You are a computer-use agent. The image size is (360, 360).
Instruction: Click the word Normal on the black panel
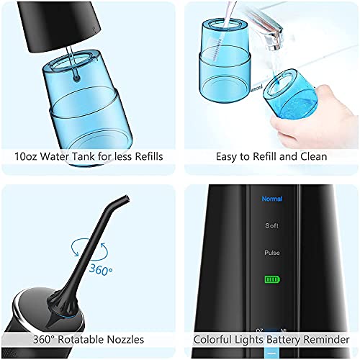272,199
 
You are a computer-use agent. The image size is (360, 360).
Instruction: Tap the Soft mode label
271,225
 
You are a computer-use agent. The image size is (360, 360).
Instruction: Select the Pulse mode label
272,253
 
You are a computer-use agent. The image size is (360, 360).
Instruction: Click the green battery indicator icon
272,279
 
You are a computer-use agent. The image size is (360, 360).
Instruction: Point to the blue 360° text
101,270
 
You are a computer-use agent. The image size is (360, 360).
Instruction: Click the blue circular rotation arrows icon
89,250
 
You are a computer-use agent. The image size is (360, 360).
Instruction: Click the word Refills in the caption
149,156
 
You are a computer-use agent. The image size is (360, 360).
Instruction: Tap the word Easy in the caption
225,157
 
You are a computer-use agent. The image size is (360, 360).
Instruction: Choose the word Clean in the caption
314,156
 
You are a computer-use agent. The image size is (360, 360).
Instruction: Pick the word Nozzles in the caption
125,340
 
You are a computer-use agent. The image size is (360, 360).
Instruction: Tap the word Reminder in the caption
326,340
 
